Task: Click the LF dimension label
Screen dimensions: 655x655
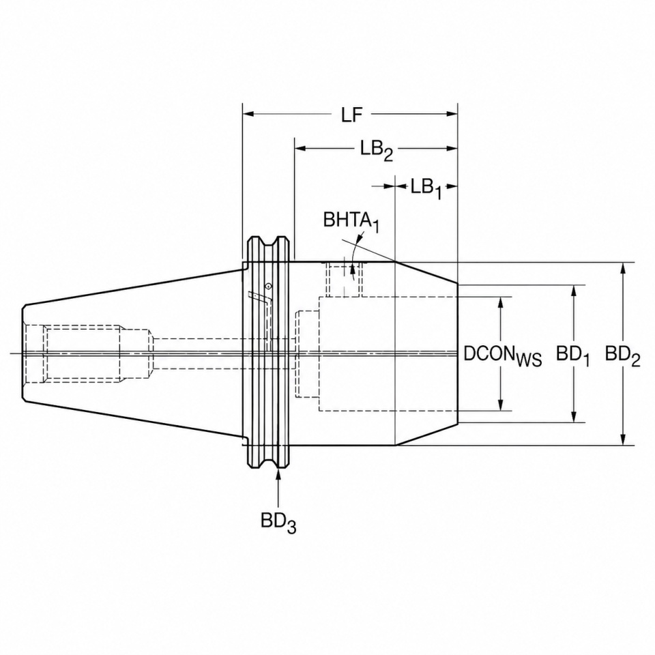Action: [x=351, y=115]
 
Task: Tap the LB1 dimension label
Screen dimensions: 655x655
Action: [x=426, y=189]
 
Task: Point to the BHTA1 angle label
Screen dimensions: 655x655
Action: [x=351, y=221]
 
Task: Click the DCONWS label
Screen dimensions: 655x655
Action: [x=503, y=356]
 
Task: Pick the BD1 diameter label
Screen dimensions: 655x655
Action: [x=572, y=356]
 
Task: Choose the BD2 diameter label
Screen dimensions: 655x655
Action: [x=622, y=356]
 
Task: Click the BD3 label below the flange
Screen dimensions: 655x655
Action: [x=278, y=523]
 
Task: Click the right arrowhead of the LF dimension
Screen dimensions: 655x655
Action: [x=452, y=114]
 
